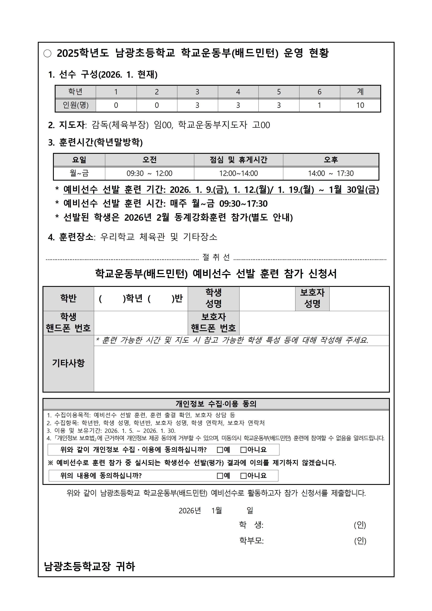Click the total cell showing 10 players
pyautogui.click(x=360, y=105)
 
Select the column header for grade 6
pyautogui.click(x=319, y=92)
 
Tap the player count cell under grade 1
pyautogui.click(x=116, y=105)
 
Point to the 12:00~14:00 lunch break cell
pyautogui.click(x=238, y=173)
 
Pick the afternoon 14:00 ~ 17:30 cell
pyautogui.click(x=331, y=173)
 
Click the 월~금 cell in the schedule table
pyautogui.click(x=79, y=173)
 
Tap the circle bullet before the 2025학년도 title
pyautogui.click(x=47, y=53)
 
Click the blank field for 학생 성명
pyautogui.click(x=267, y=299)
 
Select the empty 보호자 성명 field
pyautogui.click(x=359, y=299)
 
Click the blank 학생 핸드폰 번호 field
pyautogui.click(x=141, y=323)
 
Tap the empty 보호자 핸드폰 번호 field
pyautogui.click(x=314, y=323)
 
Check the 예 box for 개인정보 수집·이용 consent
pyautogui.click(x=220, y=450)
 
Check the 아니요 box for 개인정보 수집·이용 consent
pyautogui.click(x=243, y=450)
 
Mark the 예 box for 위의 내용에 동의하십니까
pyautogui.click(x=220, y=475)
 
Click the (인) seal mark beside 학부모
pyautogui.click(x=360, y=541)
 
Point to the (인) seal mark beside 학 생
pyautogui.click(x=360, y=525)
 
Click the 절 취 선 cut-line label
pyautogui.click(x=216, y=257)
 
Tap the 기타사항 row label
pyautogui.click(x=68, y=363)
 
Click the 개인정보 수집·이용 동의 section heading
pyautogui.click(x=216, y=404)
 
